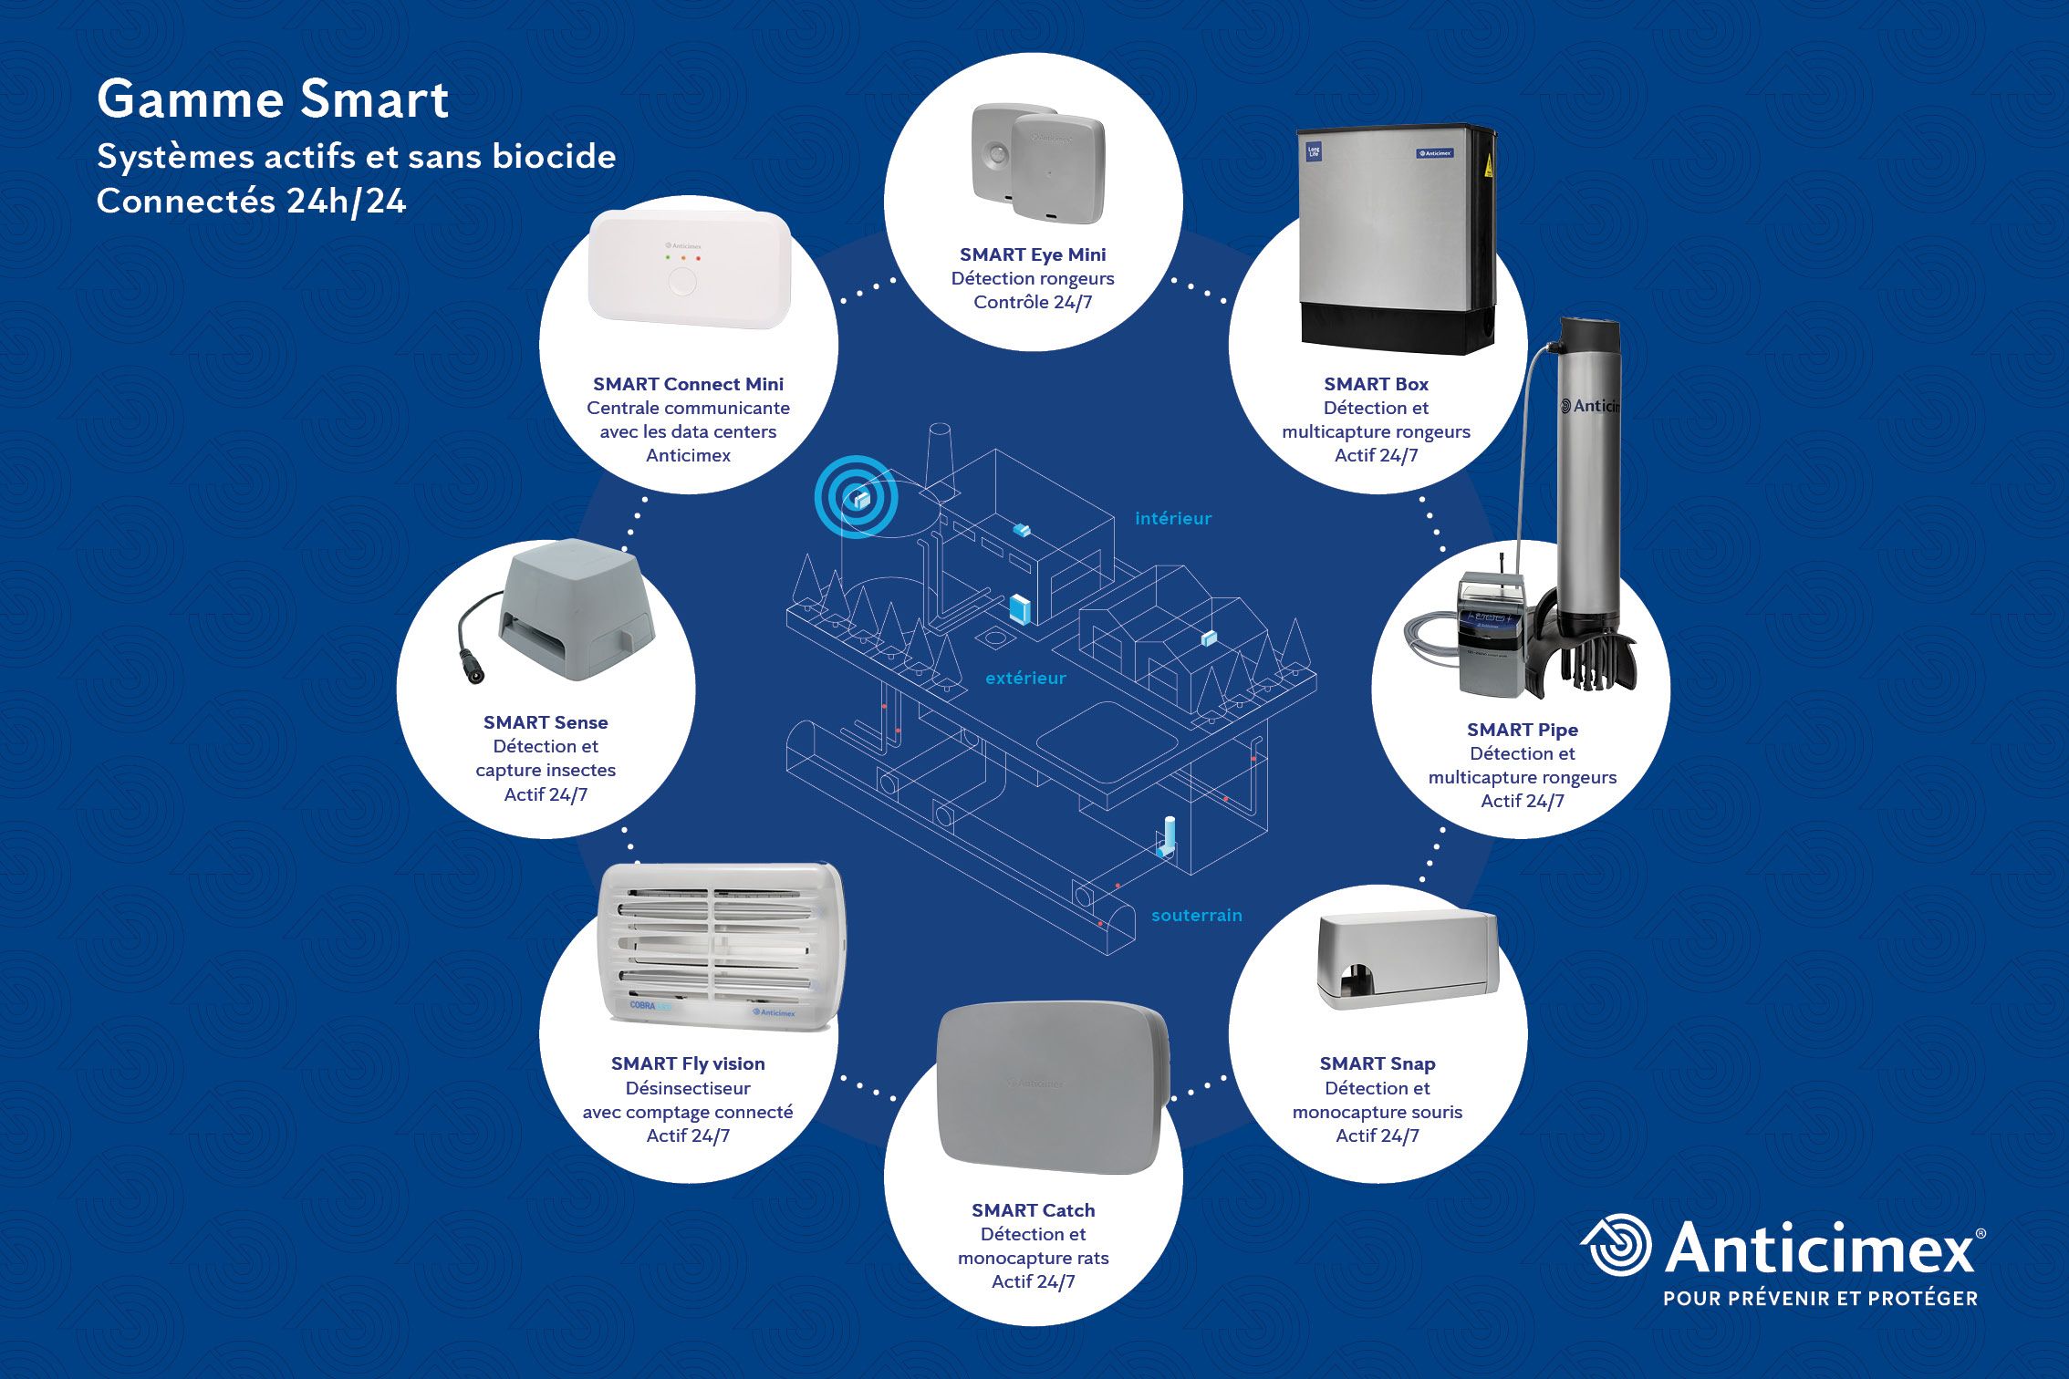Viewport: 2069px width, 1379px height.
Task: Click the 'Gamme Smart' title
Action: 273,98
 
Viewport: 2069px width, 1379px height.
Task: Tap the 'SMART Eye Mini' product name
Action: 1032,254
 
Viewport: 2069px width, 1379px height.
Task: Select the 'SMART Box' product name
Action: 1376,384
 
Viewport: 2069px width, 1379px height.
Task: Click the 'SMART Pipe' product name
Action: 1522,730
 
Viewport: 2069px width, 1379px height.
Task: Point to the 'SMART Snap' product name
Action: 1377,1063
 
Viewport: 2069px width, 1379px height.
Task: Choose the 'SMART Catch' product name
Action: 1033,1210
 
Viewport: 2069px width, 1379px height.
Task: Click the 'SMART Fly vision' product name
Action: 688,1063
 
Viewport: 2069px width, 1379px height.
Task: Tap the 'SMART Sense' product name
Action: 546,722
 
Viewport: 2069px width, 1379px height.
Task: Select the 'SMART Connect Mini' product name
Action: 688,384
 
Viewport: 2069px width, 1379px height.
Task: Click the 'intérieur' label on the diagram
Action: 1172,518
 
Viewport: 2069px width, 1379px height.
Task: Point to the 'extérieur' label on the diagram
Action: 1025,678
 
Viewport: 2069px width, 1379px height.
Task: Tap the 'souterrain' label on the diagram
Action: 1196,915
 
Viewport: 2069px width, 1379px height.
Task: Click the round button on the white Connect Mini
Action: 681,282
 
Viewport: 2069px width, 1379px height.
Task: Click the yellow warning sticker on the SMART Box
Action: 1489,165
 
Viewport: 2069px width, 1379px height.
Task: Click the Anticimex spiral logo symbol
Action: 1616,1246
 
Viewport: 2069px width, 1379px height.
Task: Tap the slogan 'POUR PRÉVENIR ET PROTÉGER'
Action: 1820,1298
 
